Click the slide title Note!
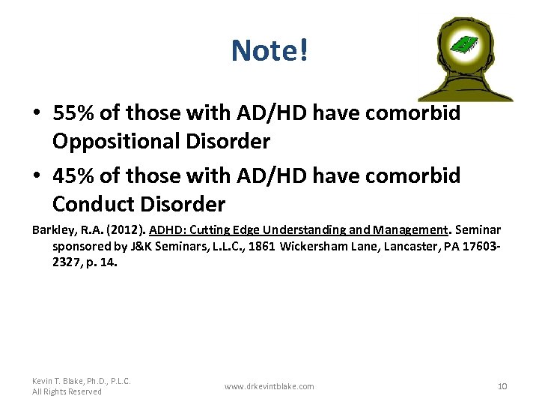[269, 51]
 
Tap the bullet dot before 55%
[37, 114]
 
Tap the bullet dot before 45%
[37, 176]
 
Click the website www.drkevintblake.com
[269, 386]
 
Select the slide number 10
[502, 386]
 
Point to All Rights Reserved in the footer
[67, 391]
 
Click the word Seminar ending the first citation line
[479, 230]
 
